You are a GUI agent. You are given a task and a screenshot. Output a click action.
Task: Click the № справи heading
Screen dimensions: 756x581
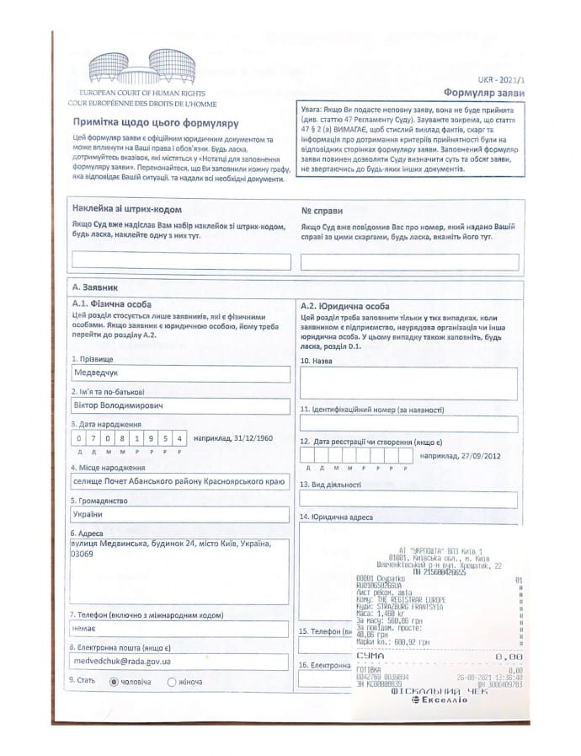click(322, 209)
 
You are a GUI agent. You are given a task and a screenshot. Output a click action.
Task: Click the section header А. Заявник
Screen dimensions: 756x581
click(96, 287)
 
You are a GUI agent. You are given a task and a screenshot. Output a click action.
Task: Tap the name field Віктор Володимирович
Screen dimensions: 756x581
click(181, 406)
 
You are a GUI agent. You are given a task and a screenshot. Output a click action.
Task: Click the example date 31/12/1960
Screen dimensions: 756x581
click(250, 438)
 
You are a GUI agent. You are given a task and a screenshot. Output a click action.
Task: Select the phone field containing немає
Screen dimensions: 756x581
click(181, 630)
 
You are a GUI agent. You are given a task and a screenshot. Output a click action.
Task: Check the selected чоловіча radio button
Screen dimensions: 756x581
click(114, 681)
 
